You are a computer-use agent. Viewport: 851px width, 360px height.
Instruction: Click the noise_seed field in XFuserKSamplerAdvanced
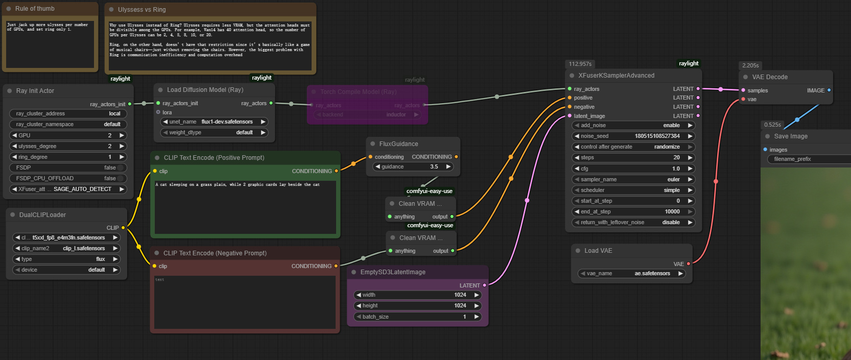click(633, 136)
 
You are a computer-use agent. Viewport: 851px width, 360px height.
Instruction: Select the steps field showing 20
click(633, 158)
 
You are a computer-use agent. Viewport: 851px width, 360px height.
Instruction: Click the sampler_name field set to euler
click(633, 180)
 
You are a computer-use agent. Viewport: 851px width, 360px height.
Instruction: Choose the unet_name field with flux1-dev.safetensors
click(215, 122)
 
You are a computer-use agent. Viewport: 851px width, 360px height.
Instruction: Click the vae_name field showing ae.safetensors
click(631, 274)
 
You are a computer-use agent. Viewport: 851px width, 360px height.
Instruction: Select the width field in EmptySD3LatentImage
click(417, 295)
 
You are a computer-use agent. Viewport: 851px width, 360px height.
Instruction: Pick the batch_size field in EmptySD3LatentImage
click(417, 317)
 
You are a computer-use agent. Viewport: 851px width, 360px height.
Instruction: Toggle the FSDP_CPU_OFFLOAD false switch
click(121, 179)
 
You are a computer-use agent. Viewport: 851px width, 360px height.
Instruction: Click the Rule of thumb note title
click(35, 9)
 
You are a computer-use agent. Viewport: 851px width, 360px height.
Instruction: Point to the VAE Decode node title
click(769, 77)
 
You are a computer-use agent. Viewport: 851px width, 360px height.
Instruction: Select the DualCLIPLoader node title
click(42, 215)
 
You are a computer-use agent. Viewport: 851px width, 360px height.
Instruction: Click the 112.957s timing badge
click(580, 64)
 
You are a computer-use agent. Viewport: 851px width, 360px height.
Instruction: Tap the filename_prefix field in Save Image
click(807, 159)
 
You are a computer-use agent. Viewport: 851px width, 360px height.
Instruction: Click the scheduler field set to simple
click(633, 190)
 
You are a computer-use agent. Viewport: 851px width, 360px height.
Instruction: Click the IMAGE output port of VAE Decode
click(829, 90)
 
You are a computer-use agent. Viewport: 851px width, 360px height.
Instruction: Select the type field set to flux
click(66, 259)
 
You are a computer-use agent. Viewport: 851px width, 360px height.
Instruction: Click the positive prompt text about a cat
click(238, 185)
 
